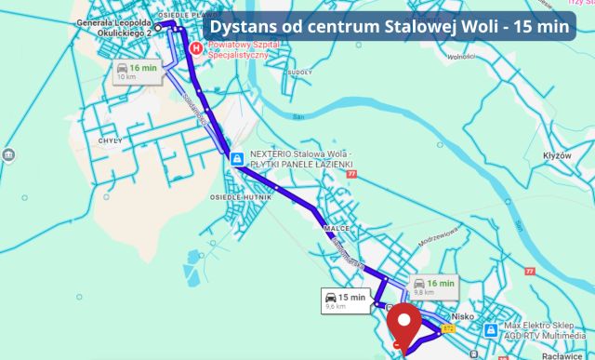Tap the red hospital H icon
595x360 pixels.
195,49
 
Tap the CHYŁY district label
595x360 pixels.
111,140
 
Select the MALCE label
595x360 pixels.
336,227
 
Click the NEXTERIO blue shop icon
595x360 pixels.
238,159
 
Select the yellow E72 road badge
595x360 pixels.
450,327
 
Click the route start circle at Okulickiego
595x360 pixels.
158,28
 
